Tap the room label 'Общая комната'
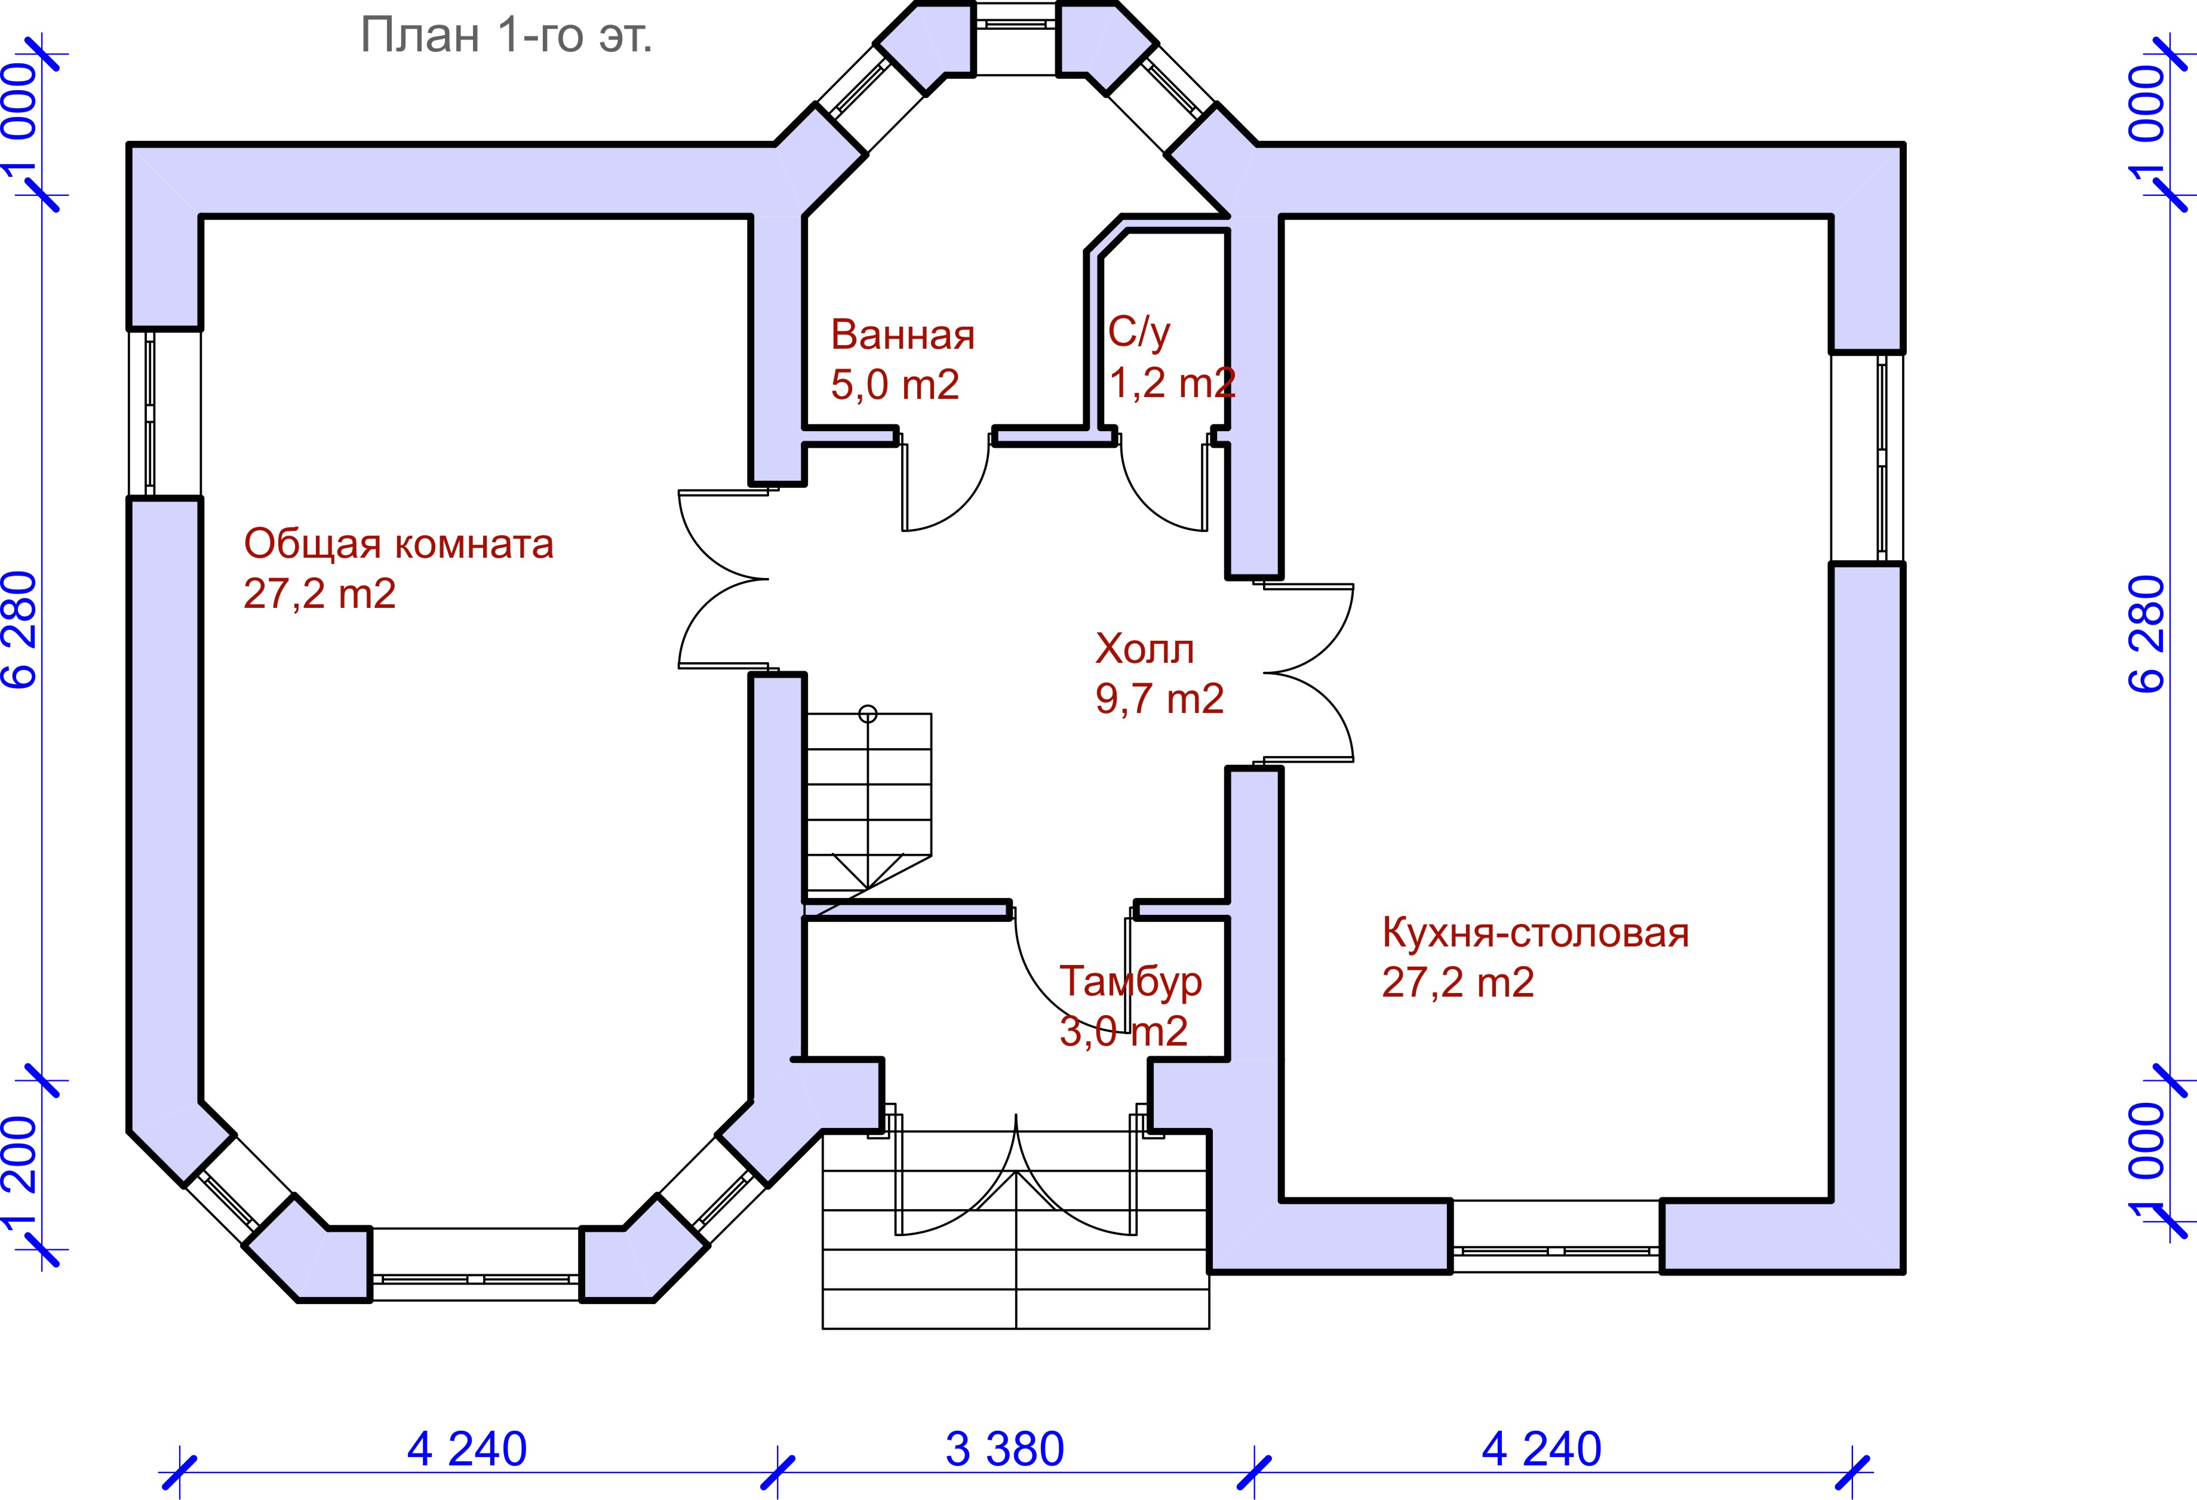tap(398, 545)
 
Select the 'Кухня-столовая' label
tap(1535, 933)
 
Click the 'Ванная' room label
tap(903, 336)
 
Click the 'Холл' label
tap(1145, 649)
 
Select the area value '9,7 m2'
tap(1160, 699)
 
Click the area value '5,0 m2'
tap(895, 385)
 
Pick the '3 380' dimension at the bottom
tap(1005, 1449)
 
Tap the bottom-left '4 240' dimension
tap(467, 1449)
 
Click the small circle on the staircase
tap(868, 714)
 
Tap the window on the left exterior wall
tap(149, 413)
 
